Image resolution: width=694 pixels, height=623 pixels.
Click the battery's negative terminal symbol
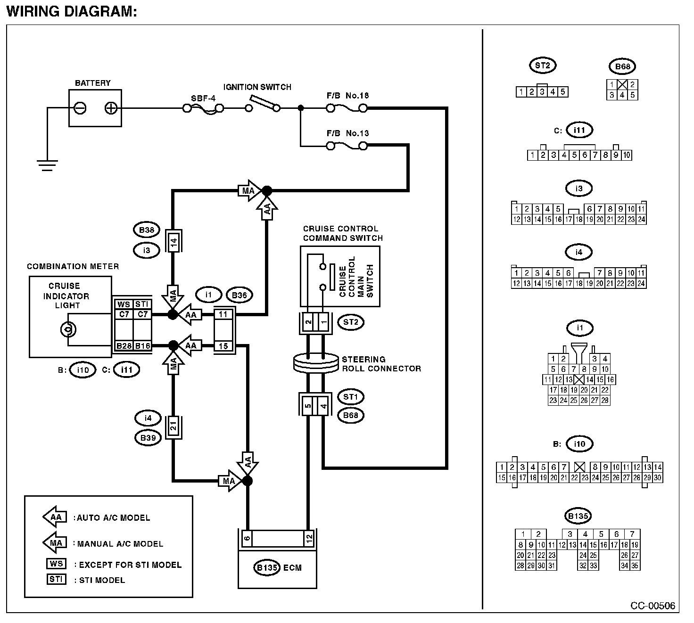[x=80, y=108]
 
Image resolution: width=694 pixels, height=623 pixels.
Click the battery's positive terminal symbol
[x=111, y=108]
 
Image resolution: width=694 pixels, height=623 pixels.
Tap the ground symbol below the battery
[x=48, y=165]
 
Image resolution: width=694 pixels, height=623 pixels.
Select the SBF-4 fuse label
[x=203, y=98]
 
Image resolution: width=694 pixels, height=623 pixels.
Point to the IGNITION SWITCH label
[x=257, y=87]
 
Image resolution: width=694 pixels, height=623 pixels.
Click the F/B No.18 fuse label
[x=347, y=96]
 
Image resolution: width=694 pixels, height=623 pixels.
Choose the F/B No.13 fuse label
[x=347, y=133]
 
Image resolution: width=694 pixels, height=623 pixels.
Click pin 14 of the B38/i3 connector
[x=173, y=243]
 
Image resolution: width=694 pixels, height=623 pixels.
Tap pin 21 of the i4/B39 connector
[x=173, y=427]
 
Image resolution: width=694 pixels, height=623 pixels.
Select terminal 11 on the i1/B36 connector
[x=223, y=314]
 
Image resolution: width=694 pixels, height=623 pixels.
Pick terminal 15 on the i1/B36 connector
[x=223, y=346]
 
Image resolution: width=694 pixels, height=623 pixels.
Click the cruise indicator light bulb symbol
[x=68, y=329]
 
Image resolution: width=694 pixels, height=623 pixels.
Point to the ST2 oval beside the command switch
[x=350, y=322]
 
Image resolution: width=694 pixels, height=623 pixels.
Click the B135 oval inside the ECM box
[x=267, y=567]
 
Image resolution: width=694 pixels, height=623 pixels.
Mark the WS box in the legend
[x=56, y=564]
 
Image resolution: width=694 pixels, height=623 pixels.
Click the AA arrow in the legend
[x=55, y=517]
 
